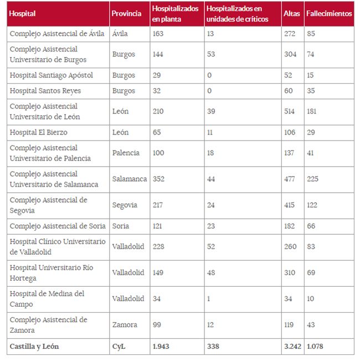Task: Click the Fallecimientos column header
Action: (329, 14)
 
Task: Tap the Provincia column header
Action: (126, 14)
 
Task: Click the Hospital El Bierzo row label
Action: (43, 132)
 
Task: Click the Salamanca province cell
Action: (129, 179)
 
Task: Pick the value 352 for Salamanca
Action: (159, 179)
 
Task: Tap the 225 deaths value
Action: (313, 179)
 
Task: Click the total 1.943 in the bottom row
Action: (162, 347)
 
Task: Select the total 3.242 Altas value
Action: (292, 347)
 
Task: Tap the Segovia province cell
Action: (125, 205)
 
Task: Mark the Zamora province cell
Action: (124, 324)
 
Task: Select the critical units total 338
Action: (212, 347)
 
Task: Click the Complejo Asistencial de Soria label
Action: (58, 226)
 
